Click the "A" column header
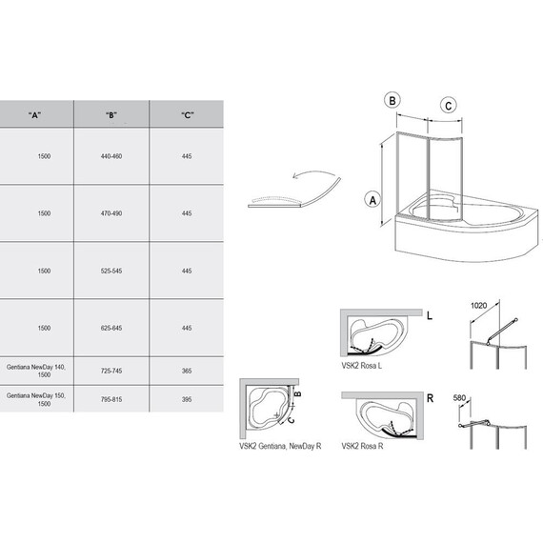pyautogui.click(x=34, y=115)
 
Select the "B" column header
pyautogui.click(x=111, y=115)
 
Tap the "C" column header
pyautogui.click(x=188, y=115)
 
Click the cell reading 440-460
pyautogui.click(x=111, y=156)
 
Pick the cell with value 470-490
pyautogui.click(x=111, y=213)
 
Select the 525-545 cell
pyautogui.click(x=111, y=271)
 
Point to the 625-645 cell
pyautogui.click(x=111, y=328)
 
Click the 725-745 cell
pyautogui.click(x=111, y=371)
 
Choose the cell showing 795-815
pyautogui.click(x=111, y=400)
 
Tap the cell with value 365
pyautogui.click(x=187, y=371)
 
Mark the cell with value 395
pyautogui.click(x=187, y=400)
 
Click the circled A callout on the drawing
pyautogui.click(x=372, y=200)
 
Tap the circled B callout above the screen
pyautogui.click(x=392, y=100)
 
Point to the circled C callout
pyautogui.click(x=448, y=106)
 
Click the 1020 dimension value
pyautogui.click(x=478, y=306)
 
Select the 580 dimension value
pyautogui.click(x=459, y=398)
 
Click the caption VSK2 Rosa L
pyautogui.click(x=362, y=366)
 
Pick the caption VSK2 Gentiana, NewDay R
pyautogui.click(x=280, y=447)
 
